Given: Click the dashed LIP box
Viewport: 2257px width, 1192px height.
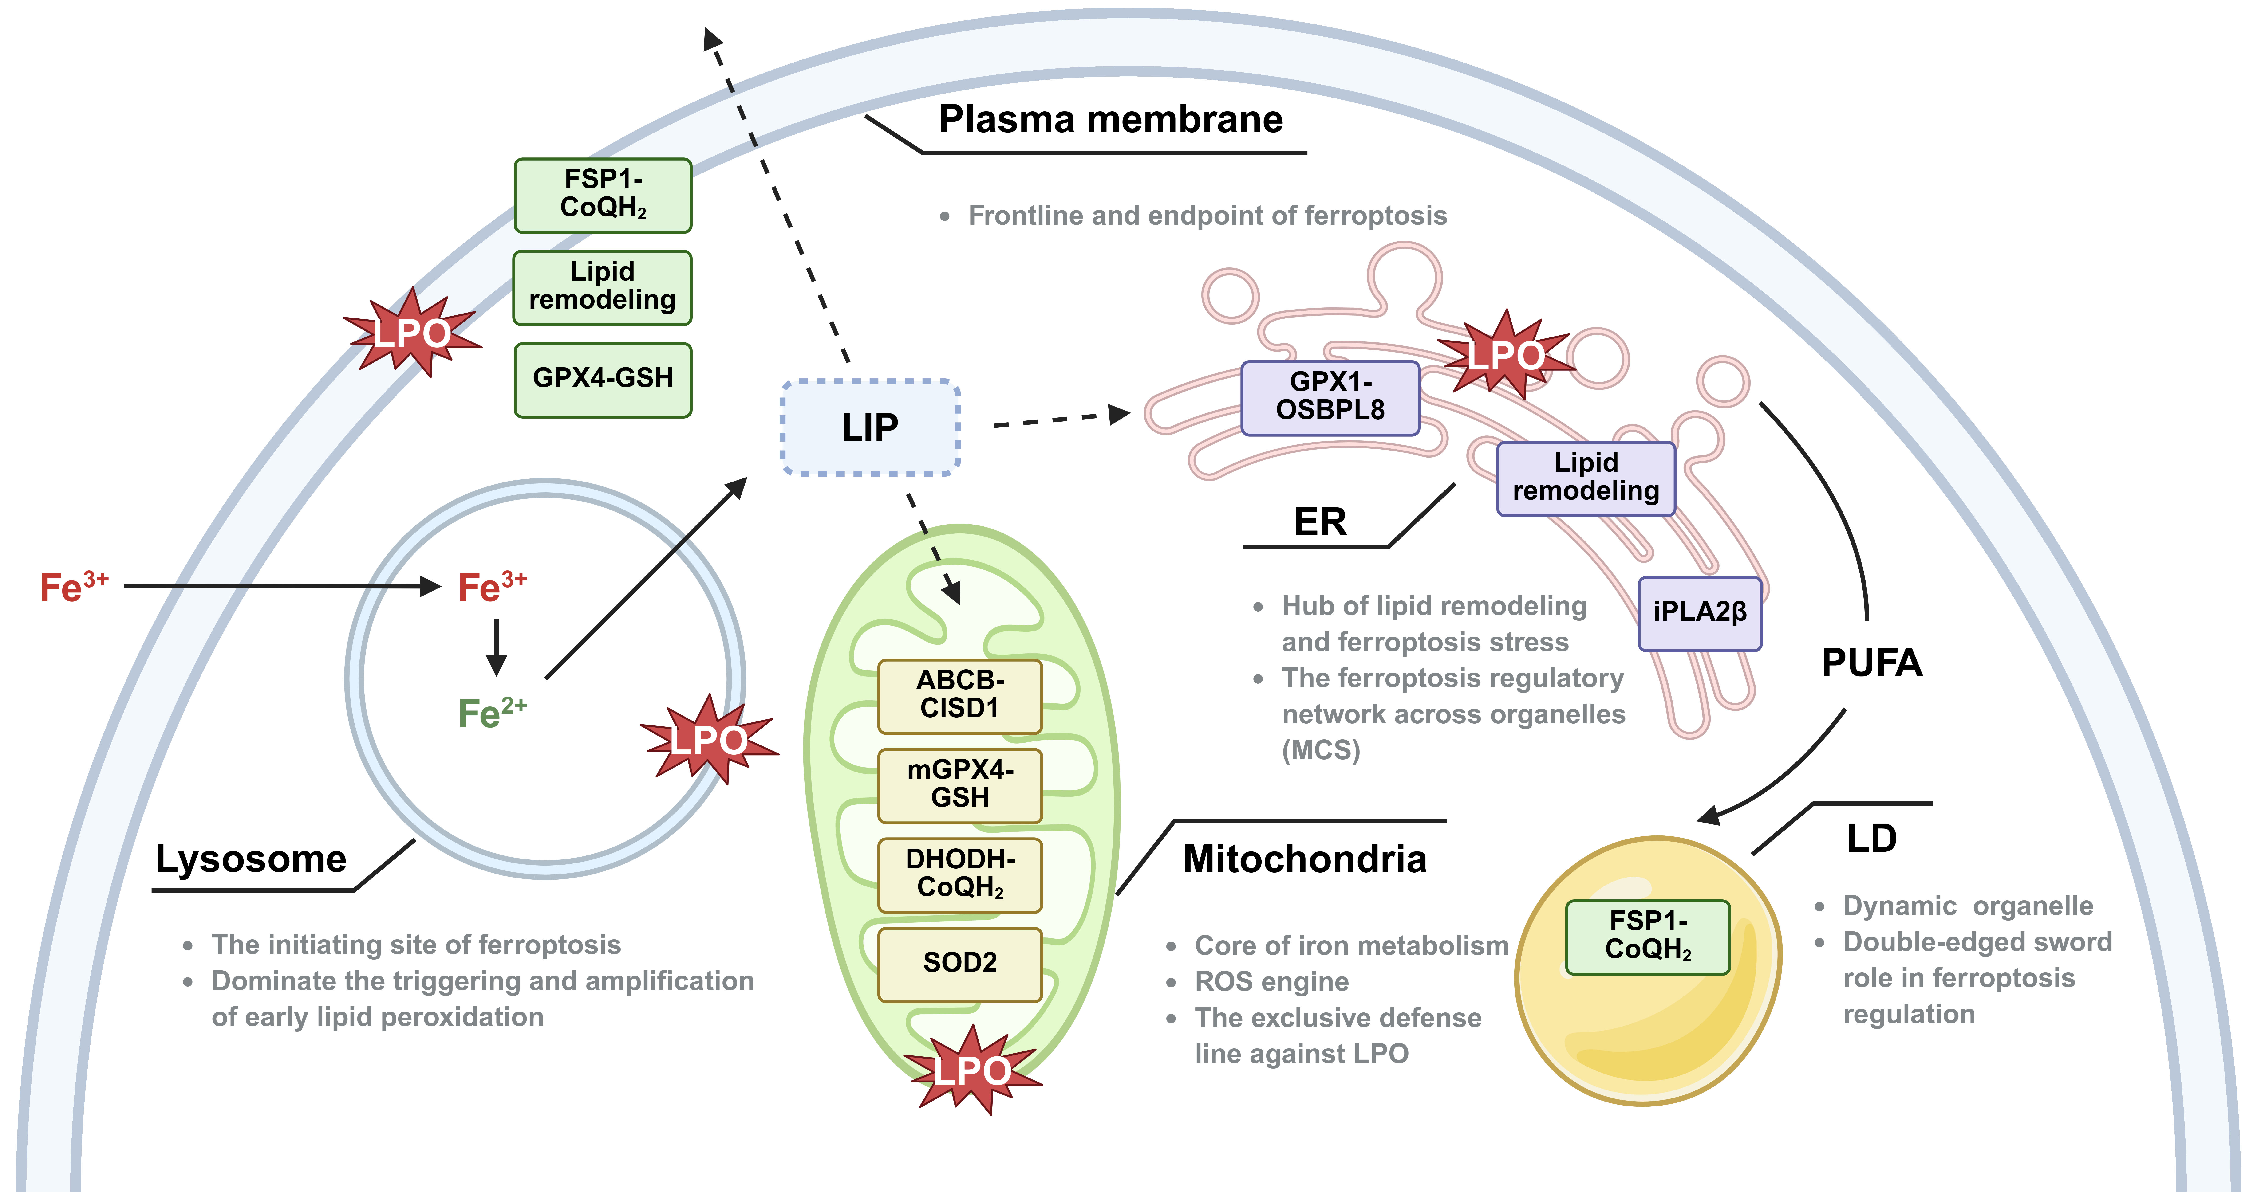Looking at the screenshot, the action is tap(870, 427).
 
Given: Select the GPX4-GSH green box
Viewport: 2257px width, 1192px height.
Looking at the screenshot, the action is tap(603, 379).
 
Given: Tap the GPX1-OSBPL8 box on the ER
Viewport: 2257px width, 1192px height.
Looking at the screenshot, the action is tap(1330, 398).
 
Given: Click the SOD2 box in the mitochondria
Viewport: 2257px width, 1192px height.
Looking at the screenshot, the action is tap(960, 964).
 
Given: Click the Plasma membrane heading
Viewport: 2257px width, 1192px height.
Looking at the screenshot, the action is tap(1111, 119).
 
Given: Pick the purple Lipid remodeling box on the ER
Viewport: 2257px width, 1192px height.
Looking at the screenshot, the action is tap(1586, 478).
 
